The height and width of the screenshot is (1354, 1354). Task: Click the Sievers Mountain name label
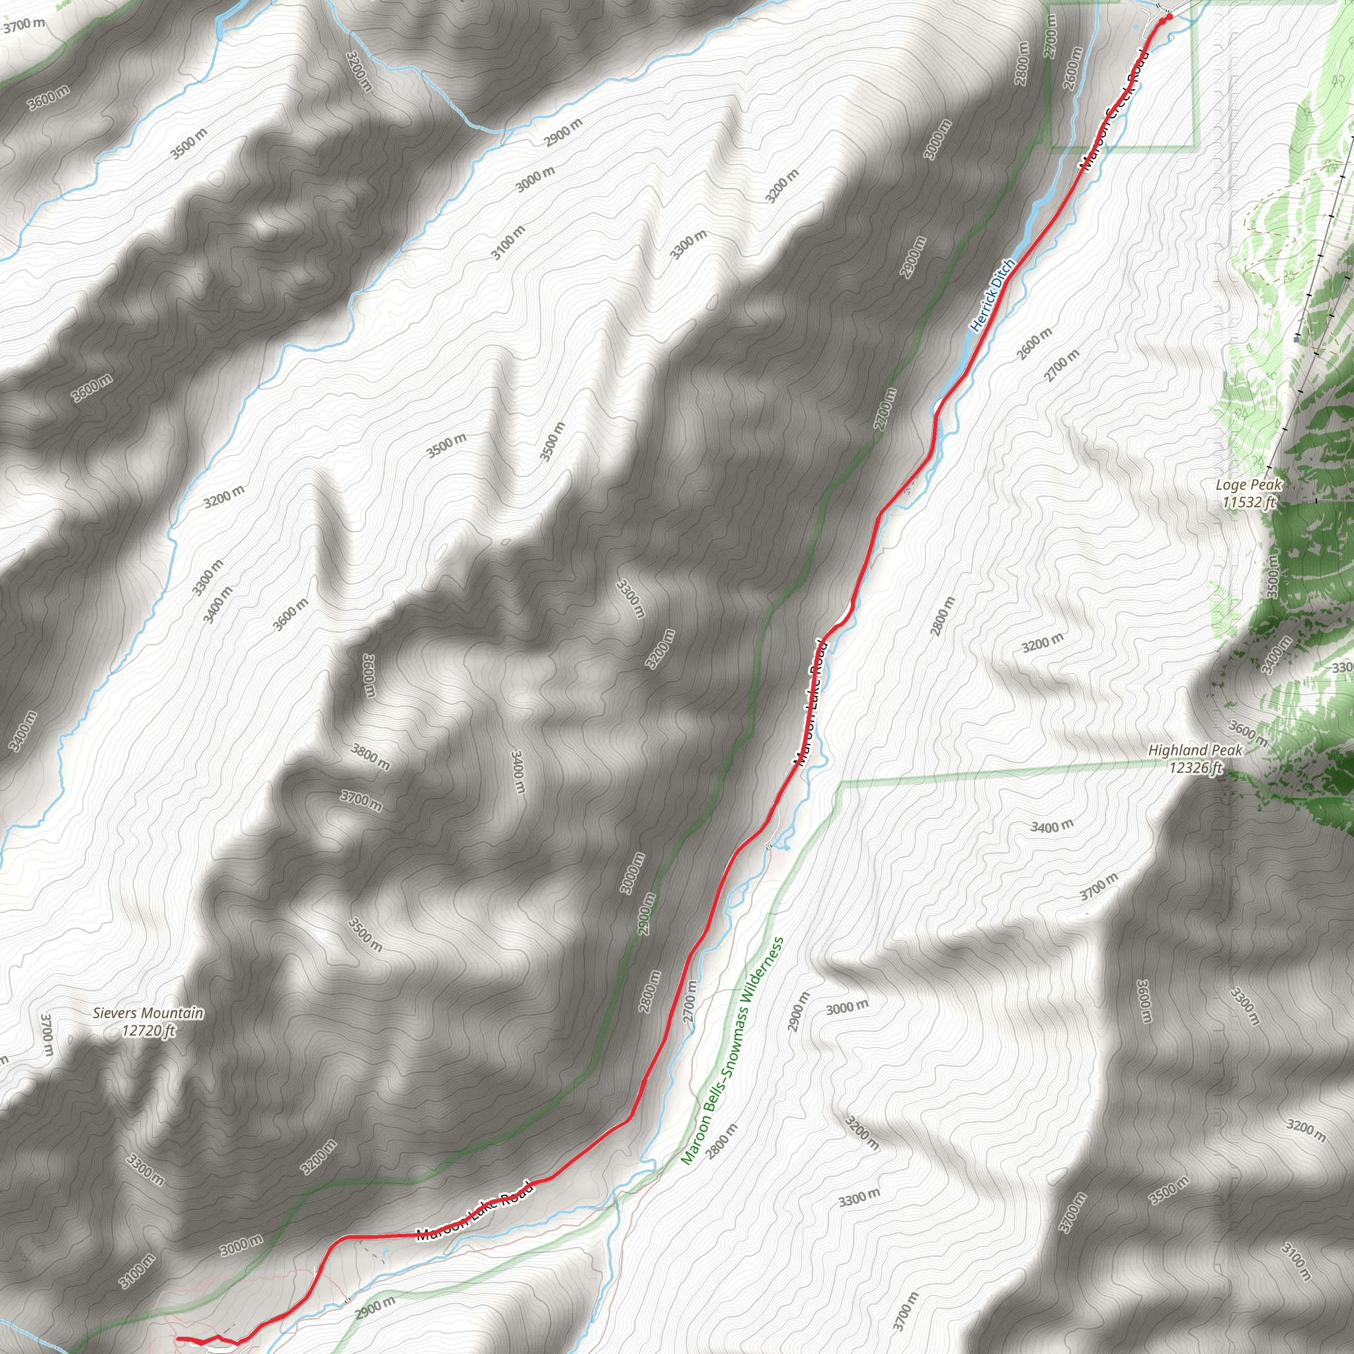tap(148, 1013)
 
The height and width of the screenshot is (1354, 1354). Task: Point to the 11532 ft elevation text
tap(1248, 502)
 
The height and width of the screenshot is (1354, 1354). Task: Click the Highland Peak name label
tap(1195, 750)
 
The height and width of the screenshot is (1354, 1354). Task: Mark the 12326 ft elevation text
tap(1195, 768)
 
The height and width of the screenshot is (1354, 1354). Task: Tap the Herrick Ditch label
tap(992, 295)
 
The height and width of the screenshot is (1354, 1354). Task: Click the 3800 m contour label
tap(370, 757)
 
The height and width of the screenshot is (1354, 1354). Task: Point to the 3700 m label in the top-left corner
tap(24, 25)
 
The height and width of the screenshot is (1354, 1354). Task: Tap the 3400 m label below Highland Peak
tap(1051, 826)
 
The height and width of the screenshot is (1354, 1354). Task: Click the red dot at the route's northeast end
tap(1168, 17)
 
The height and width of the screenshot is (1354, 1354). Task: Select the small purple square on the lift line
tap(1296, 338)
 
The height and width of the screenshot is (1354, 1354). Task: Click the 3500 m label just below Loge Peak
tap(1273, 575)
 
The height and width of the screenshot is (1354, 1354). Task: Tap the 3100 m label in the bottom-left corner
tap(137, 1272)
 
